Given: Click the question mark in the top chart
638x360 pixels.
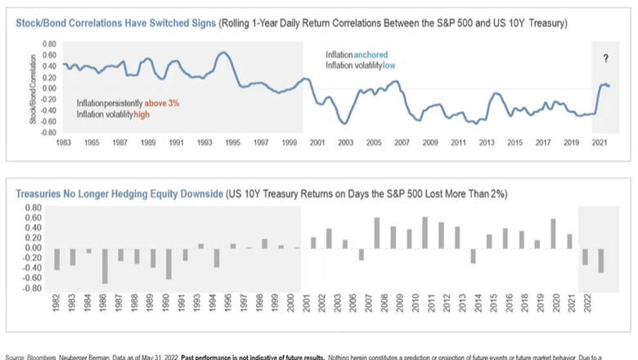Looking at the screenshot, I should [606, 58].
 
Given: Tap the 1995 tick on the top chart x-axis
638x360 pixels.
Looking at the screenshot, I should [232, 142].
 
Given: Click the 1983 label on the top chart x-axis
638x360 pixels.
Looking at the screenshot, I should [64, 142].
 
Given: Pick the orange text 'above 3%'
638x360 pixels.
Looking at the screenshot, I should [163, 104].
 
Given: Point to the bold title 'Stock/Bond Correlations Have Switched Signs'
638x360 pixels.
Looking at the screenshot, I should [115, 24].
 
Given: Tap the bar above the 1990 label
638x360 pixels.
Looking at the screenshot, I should [168, 263].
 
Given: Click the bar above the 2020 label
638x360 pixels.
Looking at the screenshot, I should [555, 233].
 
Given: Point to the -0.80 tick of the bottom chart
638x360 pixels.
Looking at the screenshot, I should [31, 288].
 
